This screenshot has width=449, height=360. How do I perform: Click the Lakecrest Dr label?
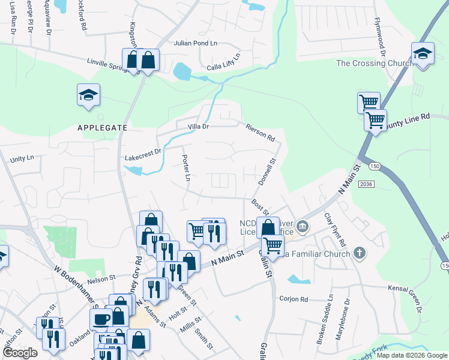(x=143, y=155)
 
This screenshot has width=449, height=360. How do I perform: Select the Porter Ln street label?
(x=185, y=169)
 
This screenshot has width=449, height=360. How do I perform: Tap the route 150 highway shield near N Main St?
(x=375, y=165)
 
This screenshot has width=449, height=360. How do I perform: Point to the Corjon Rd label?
(x=293, y=299)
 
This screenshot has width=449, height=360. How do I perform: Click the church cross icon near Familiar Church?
(x=359, y=254)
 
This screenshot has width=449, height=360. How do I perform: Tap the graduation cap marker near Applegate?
(x=88, y=95)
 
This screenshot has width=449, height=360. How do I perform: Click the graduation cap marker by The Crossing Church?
(x=423, y=54)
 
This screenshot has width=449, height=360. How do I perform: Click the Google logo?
(x=19, y=353)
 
